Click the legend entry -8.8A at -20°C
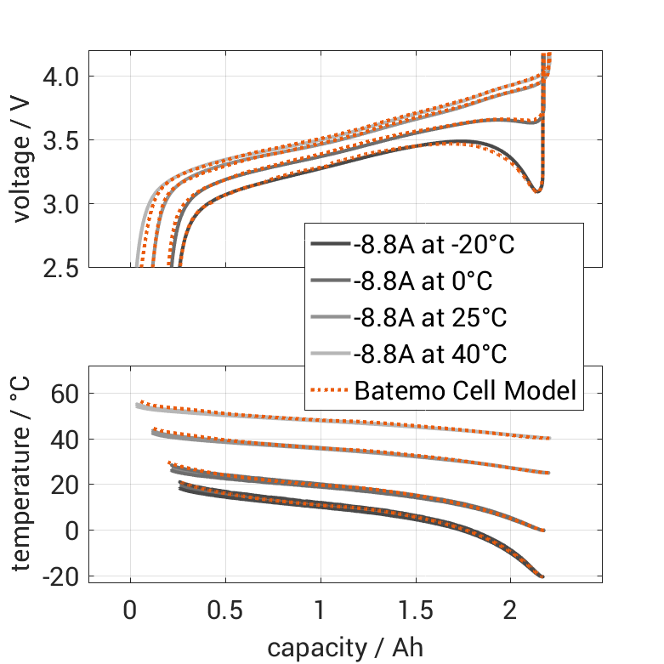[434, 246]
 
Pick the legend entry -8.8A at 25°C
[429, 319]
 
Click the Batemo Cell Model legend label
[465, 391]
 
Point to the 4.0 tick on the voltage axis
[60, 77]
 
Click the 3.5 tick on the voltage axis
[60, 140]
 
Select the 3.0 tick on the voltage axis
[60, 204]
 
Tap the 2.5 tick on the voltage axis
[60, 267]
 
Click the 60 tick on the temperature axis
[64, 394]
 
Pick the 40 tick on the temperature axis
[64, 440]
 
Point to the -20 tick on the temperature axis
[59, 576]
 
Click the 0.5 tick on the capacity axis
[225, 610]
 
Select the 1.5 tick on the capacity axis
[415, 610]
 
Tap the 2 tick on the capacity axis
[510, 610]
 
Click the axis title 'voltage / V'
[21, 160]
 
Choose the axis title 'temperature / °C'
[21, 474]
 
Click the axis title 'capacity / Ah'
[345, 648]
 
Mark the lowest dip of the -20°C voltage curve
[536, 191]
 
